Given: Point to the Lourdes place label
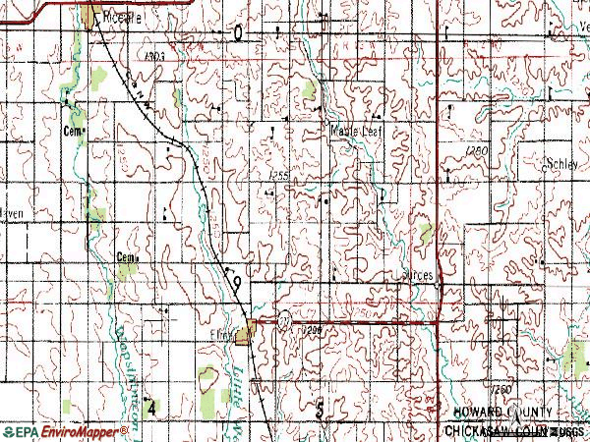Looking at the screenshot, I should [x=417, y=277].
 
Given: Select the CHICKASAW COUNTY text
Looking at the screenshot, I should [x=498, y=430].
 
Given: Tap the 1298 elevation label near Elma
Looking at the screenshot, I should [x=312, y=330].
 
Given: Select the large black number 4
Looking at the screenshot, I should [x=150, y=406].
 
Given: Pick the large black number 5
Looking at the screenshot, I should [x=321, y=410].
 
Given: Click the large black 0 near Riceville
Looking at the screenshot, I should [x=238, y=34].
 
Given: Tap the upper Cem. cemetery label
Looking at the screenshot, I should [x=71, y=130].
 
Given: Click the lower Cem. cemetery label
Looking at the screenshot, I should [x=125, y=257].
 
